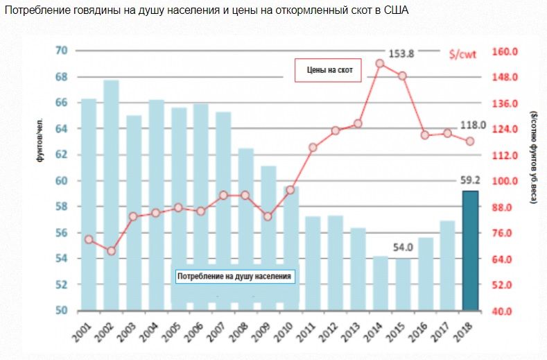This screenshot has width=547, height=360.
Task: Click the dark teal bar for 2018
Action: [471, 250]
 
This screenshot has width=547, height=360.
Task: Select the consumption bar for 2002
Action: [111, 194]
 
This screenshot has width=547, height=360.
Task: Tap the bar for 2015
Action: [402, 284]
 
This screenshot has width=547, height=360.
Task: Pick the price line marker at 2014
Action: [380, 63]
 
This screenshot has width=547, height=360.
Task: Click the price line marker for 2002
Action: [111, 250]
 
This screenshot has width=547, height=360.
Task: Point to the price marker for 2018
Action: [470, 141]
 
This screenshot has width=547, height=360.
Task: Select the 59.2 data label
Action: [469, 180]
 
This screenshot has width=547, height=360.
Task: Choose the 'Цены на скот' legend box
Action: [328, 69]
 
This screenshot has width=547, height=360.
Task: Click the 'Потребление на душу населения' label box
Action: [234, 276]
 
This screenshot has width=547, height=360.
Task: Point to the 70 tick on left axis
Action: [61, 51]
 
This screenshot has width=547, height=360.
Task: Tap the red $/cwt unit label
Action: [462, 52]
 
